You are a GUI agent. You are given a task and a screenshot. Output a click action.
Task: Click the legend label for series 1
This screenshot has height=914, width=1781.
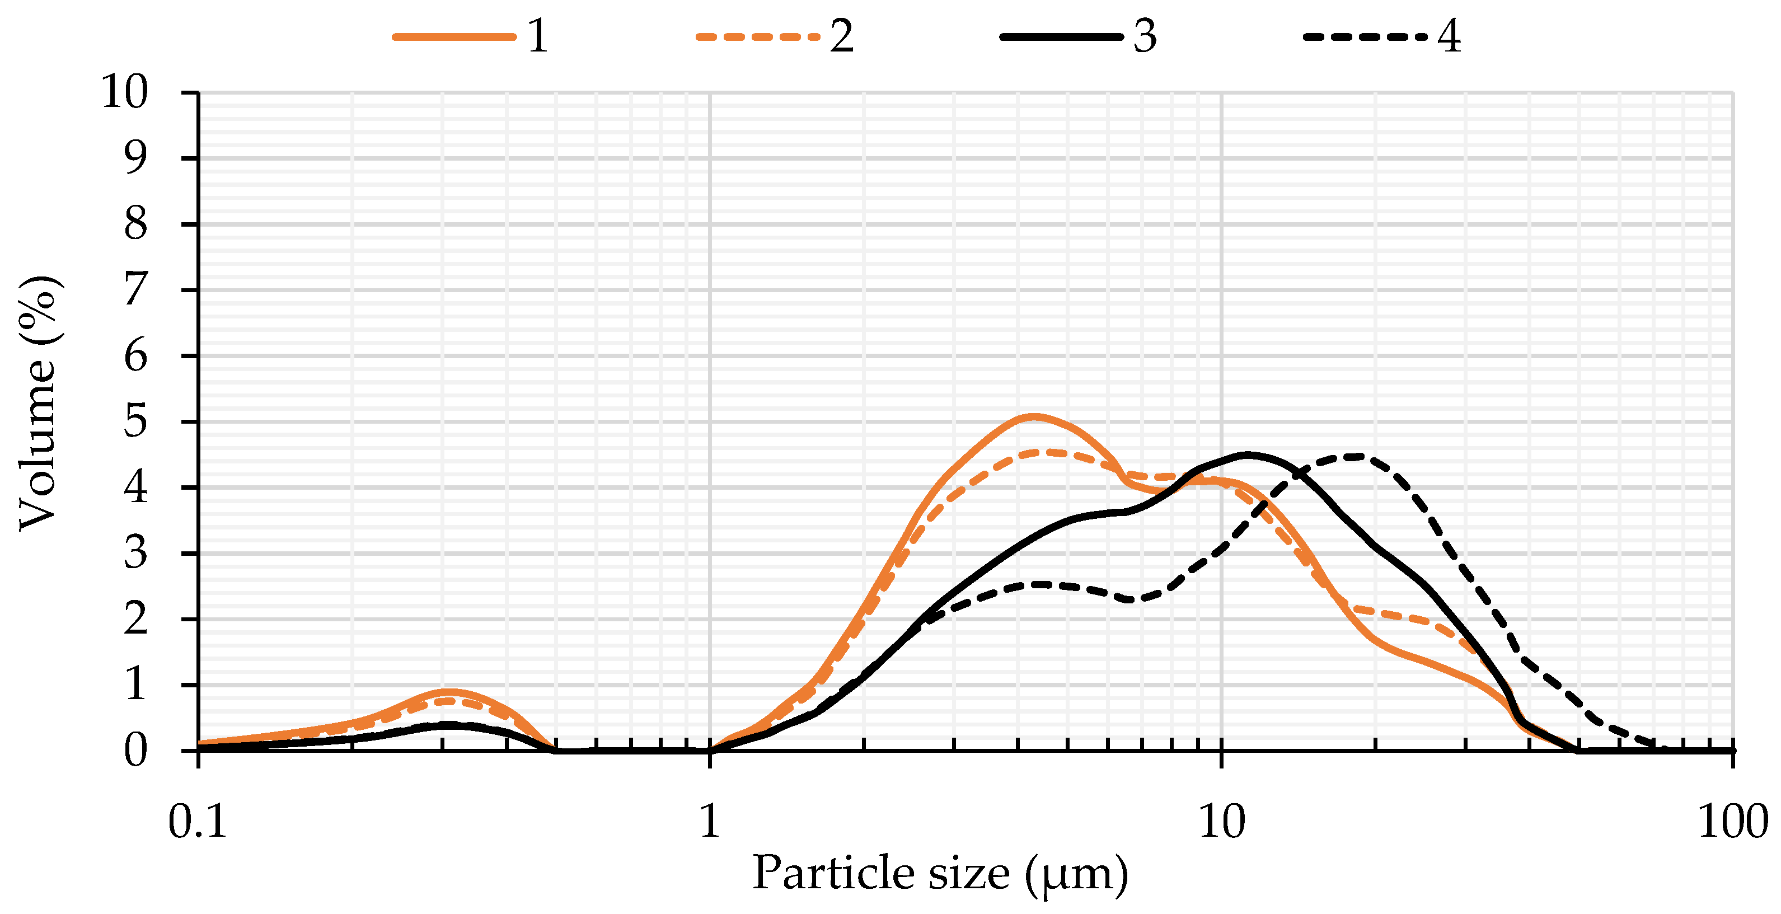(538, 36)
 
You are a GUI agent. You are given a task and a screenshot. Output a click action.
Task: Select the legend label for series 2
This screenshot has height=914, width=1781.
(841, 36)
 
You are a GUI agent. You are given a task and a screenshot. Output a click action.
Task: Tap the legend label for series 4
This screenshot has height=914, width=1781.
(1449, 36)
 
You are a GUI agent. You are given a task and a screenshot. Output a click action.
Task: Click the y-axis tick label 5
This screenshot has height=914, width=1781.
(135, 422)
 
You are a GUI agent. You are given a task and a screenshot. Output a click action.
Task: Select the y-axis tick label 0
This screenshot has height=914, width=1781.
(135, 751)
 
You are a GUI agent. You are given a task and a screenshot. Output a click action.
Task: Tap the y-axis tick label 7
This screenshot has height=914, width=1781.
(135, 290)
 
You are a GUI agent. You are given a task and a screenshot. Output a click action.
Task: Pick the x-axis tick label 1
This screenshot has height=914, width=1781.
(710, 823)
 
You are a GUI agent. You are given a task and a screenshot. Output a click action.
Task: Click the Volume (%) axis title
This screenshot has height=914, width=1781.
(38, 405)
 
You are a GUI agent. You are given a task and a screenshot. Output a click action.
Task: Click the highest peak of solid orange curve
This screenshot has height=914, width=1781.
(1034, 416)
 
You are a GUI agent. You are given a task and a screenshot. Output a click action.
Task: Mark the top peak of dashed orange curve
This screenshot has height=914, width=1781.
(1047, 452)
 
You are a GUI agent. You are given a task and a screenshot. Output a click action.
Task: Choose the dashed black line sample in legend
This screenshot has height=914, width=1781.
(1366, 36)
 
